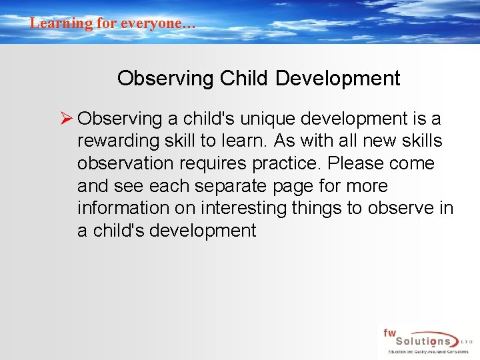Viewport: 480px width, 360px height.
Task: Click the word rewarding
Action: point(117,141)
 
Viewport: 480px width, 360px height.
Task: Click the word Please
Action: point(357,164)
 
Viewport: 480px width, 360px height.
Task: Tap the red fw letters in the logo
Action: point(389,331)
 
